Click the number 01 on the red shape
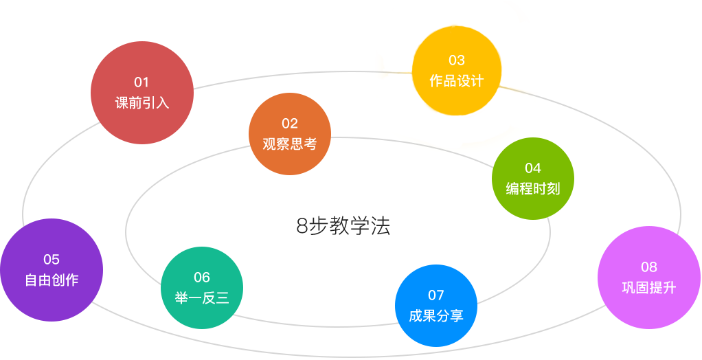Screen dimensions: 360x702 click(x=141, y=82)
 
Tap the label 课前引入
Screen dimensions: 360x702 click(x=141, y=104)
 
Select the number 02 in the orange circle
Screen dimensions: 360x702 click(x=290, y=124)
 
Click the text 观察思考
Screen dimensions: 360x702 click(x=290, y=144)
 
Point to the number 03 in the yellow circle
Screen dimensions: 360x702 click(x=457, y=60)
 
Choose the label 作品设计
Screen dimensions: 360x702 click(x=457, y=81)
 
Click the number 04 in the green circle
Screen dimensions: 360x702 click(x=533, y=168)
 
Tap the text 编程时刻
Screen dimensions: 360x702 click(x=533, y=189)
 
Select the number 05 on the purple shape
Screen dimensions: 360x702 click(x=52, y=260)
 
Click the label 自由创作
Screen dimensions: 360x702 click(x=52, y=280)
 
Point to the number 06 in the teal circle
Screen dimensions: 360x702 click(x=202, y=278)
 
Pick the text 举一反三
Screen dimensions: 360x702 click(x=202, y=298)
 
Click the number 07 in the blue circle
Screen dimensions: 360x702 click(x=436, y=295)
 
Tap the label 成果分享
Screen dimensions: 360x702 click(x=436, y=316)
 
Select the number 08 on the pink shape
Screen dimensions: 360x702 click(x=649, y=267)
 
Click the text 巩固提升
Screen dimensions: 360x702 click(x=649, y=288)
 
